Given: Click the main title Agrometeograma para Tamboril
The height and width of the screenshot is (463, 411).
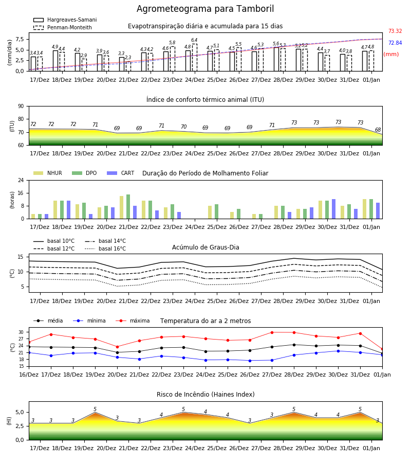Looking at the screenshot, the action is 205,9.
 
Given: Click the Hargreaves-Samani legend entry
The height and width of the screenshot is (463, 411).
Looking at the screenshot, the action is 65,20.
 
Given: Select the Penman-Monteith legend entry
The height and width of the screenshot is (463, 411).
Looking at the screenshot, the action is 63,27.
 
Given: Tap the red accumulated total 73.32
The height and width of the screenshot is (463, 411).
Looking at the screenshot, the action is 395,31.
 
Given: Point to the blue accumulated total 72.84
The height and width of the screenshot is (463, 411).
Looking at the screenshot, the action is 395,43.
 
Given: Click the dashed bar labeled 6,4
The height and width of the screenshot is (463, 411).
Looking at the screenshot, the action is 195,58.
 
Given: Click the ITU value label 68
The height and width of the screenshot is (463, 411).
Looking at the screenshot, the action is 378,130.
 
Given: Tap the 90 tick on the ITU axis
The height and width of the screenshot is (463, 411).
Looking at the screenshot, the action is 21,106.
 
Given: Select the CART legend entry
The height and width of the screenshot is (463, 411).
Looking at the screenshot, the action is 121,173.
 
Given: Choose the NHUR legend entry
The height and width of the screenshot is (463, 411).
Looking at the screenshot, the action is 48,173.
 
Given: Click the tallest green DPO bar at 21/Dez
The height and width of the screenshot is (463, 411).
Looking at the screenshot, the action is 128,207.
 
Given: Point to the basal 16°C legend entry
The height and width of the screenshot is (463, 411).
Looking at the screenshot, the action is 105,248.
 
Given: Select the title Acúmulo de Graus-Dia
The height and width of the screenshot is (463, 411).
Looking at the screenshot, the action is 206,247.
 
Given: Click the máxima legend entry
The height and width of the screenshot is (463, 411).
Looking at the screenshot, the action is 133,320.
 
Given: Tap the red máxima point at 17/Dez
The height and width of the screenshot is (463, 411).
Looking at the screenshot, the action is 51,334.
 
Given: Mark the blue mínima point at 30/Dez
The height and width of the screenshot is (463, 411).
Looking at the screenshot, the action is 338,351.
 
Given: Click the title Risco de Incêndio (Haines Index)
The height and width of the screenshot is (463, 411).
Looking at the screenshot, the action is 206,395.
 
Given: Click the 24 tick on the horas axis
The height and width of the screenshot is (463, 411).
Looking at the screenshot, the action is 21,180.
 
